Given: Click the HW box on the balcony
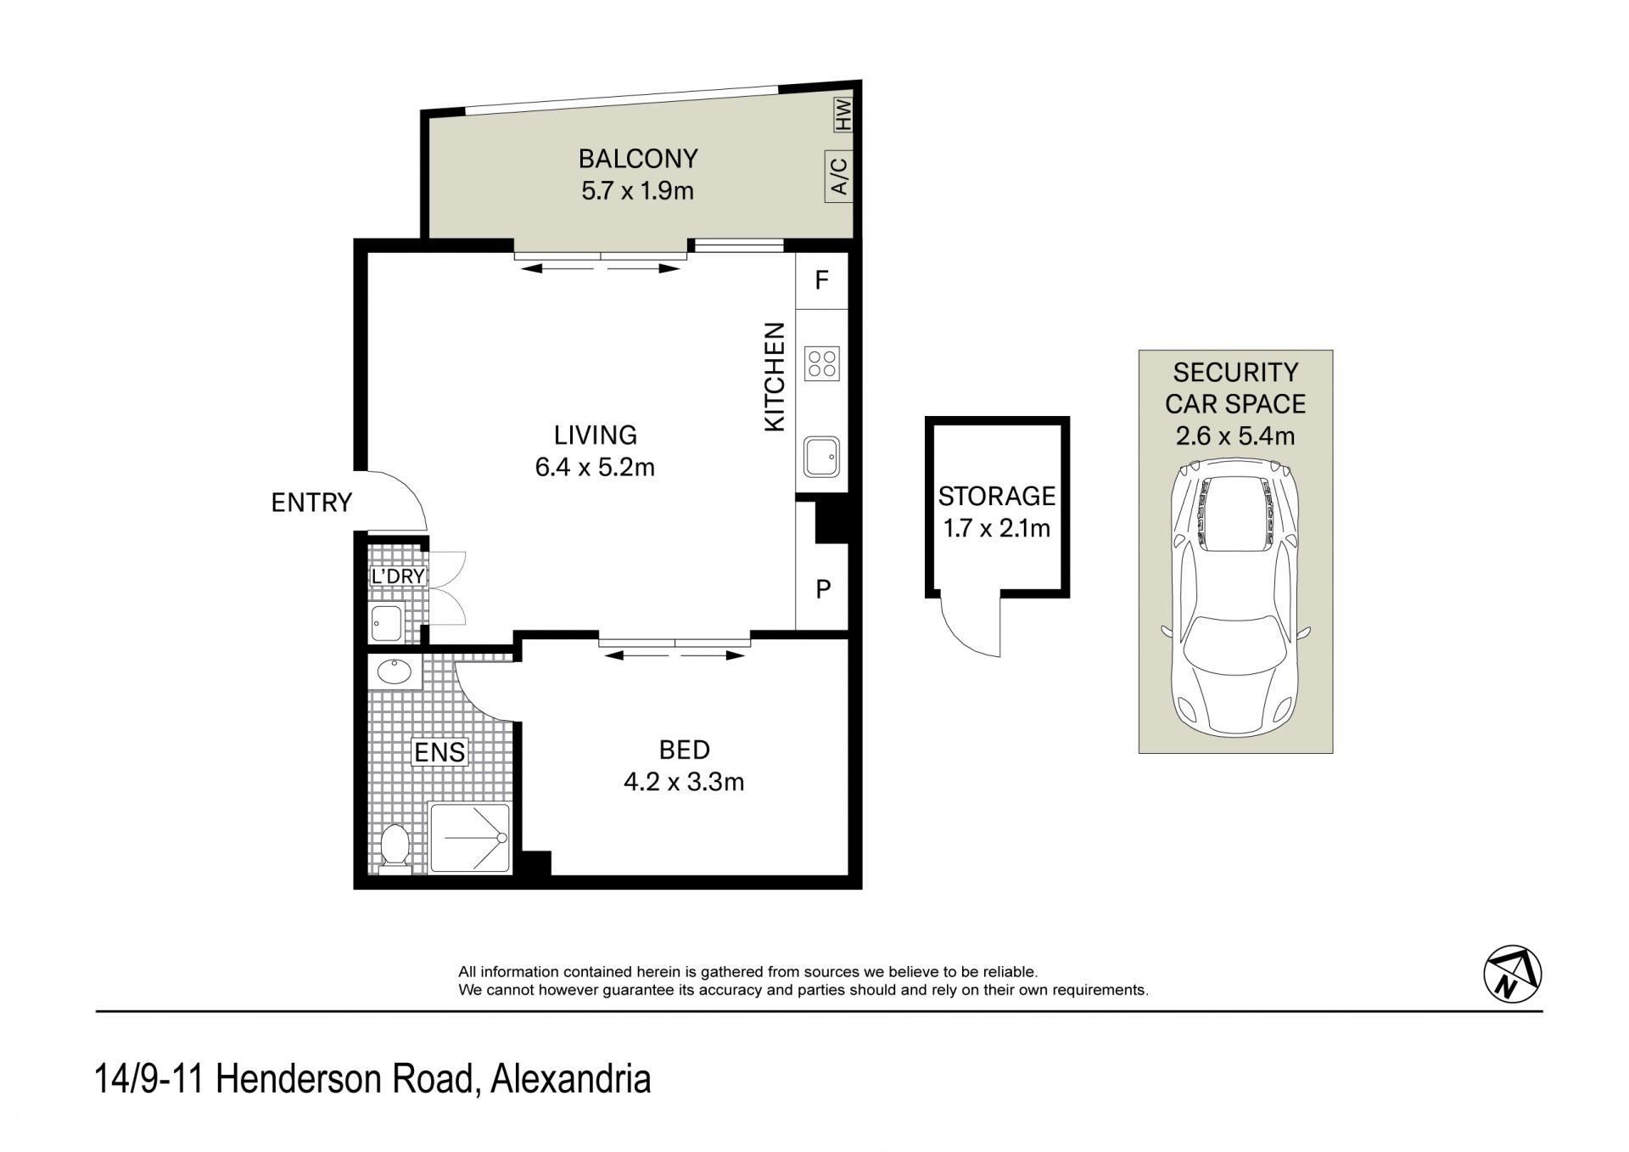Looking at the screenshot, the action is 842,114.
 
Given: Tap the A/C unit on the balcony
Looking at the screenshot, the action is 839,177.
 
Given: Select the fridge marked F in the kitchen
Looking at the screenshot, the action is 821,281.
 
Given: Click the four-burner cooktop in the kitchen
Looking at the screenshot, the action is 822,364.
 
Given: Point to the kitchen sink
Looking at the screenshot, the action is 822,458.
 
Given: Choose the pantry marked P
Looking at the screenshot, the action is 822,588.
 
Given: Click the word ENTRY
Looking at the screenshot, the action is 311,503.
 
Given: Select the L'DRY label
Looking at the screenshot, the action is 398,576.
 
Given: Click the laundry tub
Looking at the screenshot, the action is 387,623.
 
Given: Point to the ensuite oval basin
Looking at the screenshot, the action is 395,672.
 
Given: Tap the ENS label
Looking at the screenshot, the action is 439,751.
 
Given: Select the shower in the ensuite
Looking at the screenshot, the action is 470,838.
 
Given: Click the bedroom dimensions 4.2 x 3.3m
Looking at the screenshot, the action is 684,782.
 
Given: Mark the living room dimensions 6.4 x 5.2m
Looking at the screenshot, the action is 595,467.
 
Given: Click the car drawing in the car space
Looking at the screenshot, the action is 1235,598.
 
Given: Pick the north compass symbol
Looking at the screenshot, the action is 1513,974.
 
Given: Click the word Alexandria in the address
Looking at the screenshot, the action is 571,1079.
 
